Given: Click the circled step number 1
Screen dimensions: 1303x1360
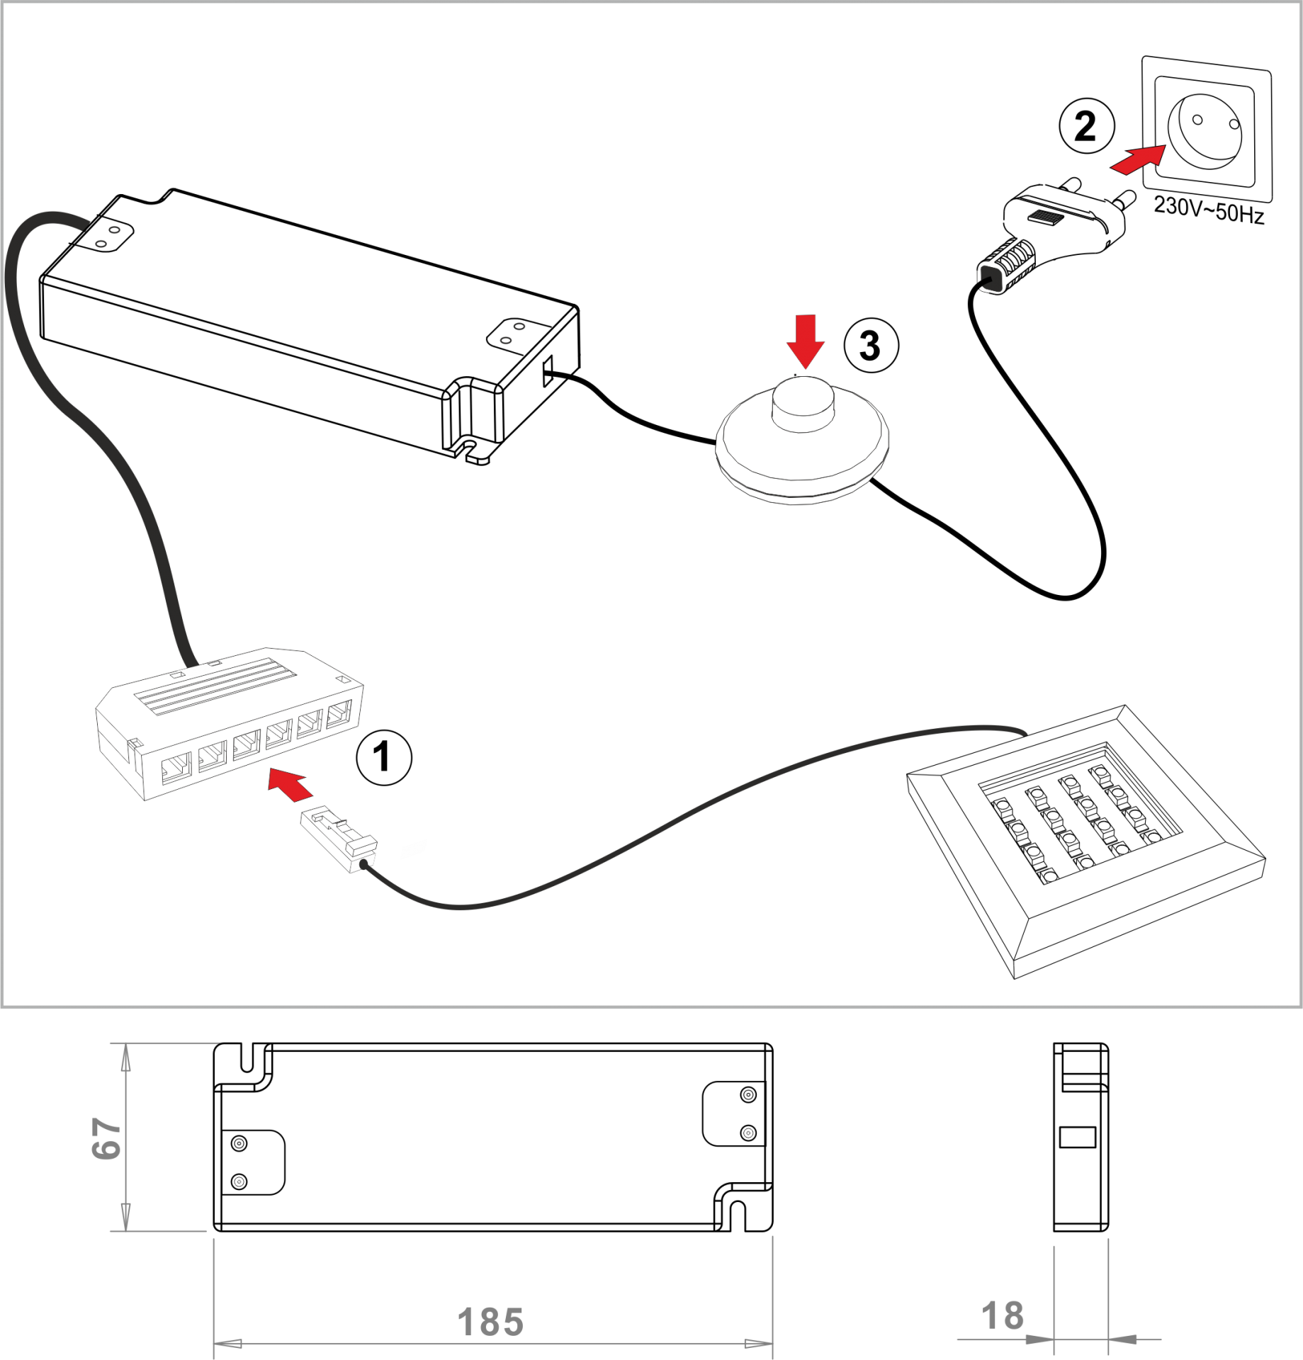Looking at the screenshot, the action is pos(383,756).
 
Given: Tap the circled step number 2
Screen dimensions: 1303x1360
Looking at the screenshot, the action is pos(1086,126).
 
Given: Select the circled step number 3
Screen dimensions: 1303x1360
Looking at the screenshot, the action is pos(871,345).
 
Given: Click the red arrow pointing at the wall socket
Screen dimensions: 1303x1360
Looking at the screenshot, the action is pos(1137,159).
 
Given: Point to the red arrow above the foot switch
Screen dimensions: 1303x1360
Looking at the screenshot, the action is pos(805,341).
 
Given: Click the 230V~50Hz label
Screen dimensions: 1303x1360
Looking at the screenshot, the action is pos(1209,210).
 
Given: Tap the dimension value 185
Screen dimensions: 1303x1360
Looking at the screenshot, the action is pos(490,1322).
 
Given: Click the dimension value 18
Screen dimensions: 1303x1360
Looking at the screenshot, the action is pos(1003,1316).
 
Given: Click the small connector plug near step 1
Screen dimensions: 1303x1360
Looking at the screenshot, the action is pos(339,839).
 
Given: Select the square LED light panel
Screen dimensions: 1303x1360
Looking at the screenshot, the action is pos(1085,841).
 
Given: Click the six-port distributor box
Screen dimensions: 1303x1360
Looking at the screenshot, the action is pos(230,723).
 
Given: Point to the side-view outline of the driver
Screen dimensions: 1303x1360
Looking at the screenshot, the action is pos(1081,1137).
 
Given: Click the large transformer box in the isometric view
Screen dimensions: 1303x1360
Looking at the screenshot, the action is pos(310,327).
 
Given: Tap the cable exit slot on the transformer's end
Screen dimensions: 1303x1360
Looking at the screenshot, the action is pos(547,372).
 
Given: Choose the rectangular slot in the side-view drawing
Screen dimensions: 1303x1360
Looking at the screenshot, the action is pos(1078,1137).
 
